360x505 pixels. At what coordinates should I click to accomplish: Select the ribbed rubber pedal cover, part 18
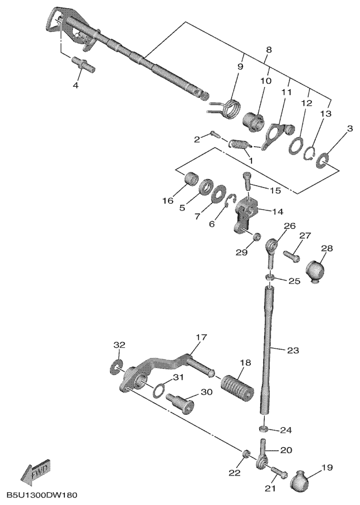(236, 385)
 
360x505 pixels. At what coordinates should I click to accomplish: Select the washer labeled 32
(116, 366)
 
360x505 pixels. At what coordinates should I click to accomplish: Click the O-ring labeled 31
(160, 388)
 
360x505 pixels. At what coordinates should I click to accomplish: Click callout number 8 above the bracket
(268, 50)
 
